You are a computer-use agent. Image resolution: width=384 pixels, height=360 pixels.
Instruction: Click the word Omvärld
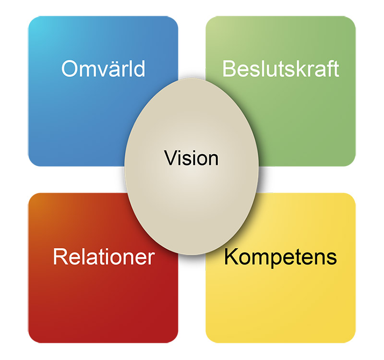103,69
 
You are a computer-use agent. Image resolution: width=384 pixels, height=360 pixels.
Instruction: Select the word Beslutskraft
281,69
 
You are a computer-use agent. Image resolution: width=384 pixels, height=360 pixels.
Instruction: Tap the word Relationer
104,256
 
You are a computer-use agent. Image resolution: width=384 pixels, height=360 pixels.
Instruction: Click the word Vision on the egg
191,158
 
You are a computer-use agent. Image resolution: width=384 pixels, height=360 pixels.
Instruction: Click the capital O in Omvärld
70,69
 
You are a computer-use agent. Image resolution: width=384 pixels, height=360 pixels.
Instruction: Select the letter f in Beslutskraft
331,68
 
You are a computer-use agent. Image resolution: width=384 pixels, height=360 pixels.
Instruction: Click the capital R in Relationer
60,256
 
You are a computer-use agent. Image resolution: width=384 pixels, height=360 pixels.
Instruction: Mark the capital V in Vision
172,158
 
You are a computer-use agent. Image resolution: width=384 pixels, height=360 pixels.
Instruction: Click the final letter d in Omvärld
140,69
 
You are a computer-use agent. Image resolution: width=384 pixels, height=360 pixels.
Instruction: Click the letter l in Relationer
82,256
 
